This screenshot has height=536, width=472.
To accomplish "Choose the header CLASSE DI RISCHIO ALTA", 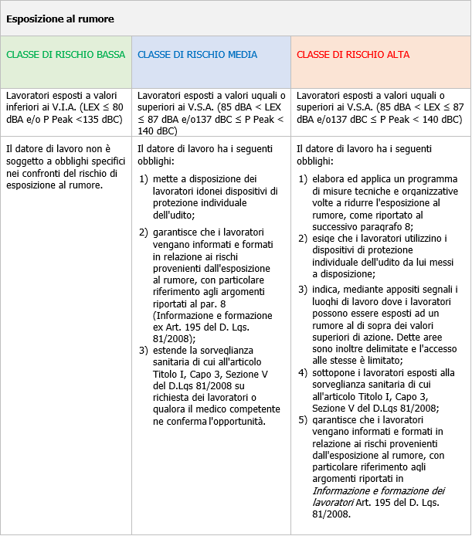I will tap(353, 55).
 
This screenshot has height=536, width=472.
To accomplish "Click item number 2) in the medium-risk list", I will tap(144, 232).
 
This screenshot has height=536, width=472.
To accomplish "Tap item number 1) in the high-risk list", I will tap(303, 180).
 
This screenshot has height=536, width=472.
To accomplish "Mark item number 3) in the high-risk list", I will tap(303, 290).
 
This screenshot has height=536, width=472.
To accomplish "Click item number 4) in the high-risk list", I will tap(303, 373).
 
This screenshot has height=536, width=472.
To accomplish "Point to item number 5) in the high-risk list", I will tap(303, 419).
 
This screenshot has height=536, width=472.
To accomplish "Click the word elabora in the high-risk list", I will tap(328, 180).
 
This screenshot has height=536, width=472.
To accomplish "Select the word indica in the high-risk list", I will tap(325, 290).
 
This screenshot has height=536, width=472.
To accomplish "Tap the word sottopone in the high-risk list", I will tap(334, 373).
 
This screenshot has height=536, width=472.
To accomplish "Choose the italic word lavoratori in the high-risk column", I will tap(332, 502).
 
